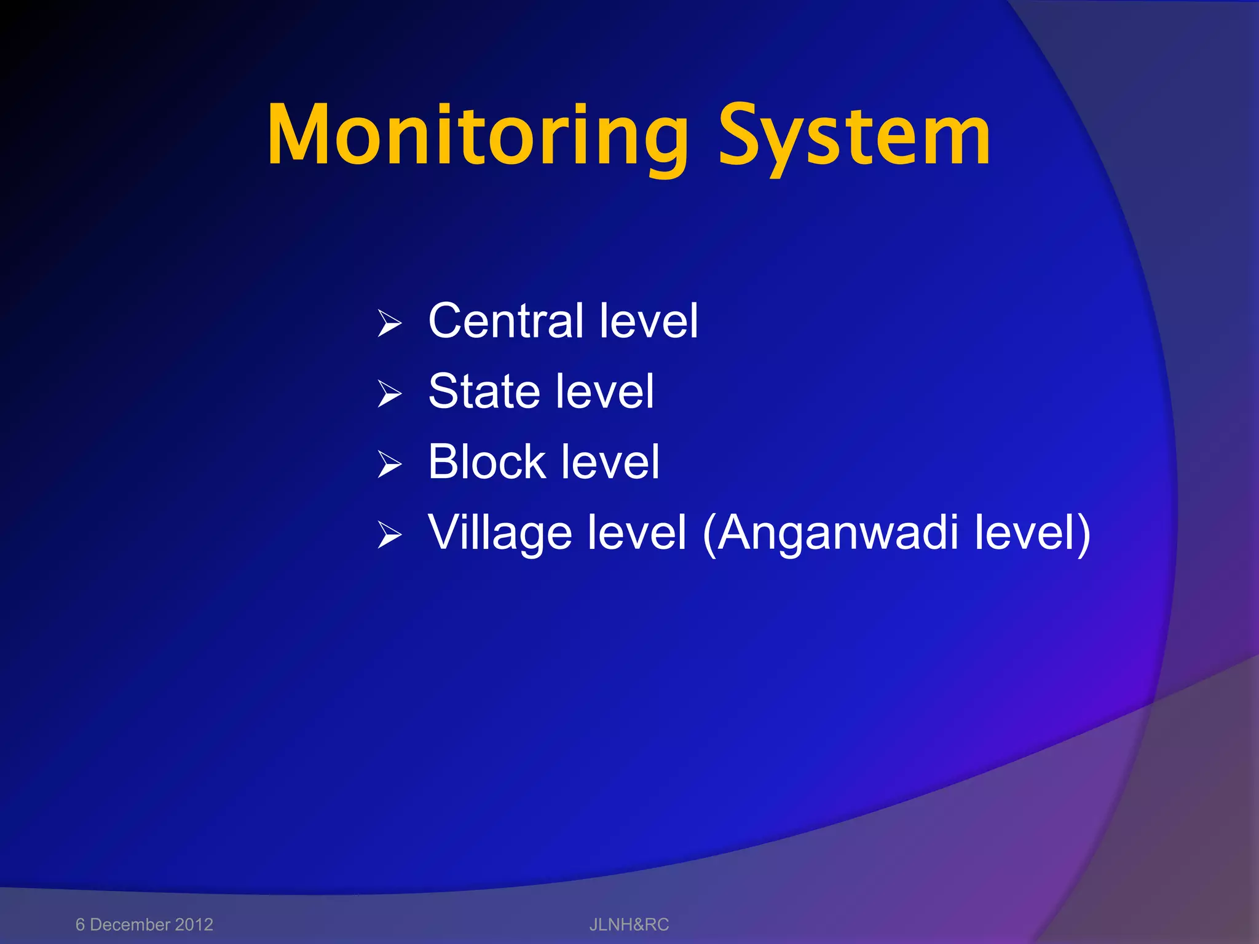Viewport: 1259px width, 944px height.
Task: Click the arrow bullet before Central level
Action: pos(390,323)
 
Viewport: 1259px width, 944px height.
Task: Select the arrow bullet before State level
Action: pos(390,394)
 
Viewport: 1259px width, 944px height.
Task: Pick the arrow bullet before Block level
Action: pos(390,464)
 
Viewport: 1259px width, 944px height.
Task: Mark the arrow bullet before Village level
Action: pos(390,535)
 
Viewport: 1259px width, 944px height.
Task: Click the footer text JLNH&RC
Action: pos(629,924)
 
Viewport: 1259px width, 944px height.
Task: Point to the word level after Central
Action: pos(648,321)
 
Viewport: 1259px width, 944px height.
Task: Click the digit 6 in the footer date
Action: pos(80,924)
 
